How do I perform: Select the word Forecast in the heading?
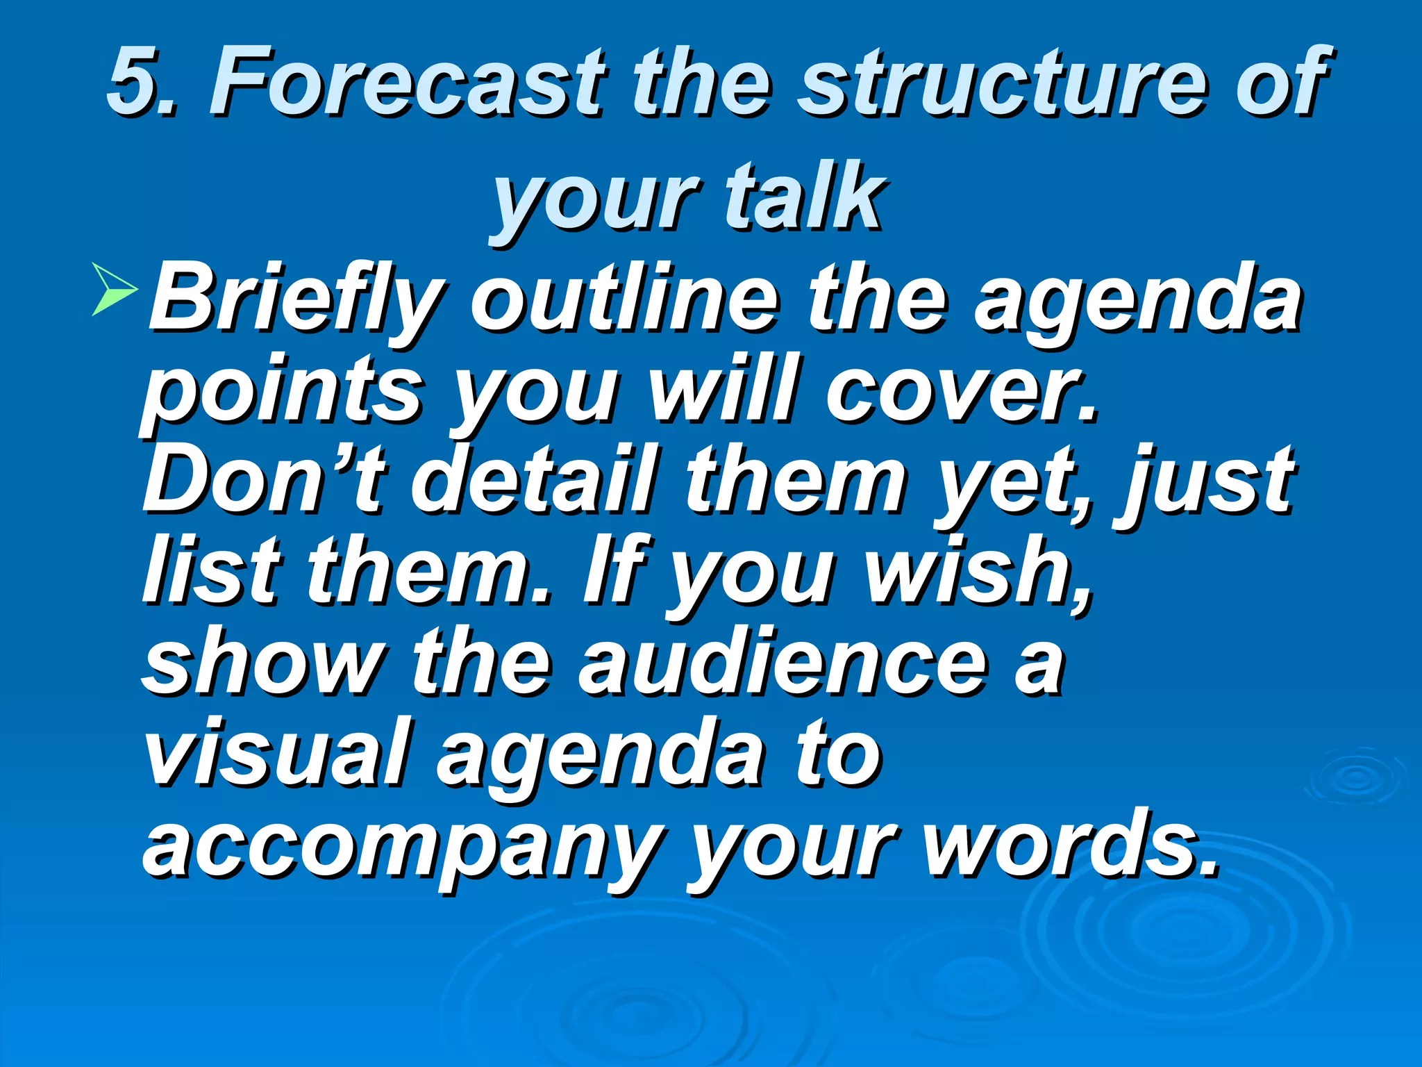[x=405, y=82]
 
